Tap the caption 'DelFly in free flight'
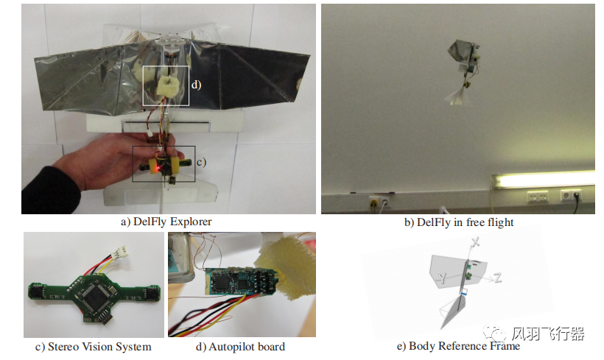pos(458,222)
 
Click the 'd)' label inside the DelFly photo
pos(195,85)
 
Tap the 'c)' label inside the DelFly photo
pos(200,161)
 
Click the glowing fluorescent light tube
pos(545,179)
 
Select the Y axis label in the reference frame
pos(443,277)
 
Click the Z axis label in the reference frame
pos(499,278)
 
